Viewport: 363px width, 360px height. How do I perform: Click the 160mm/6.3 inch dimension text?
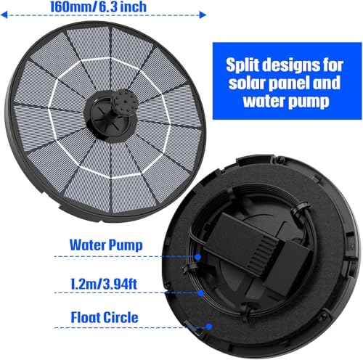[x=98, y=7]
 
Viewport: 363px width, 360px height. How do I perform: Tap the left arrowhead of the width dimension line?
[x=4, y=15]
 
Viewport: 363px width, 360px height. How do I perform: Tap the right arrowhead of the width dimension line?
[x=203, y=15]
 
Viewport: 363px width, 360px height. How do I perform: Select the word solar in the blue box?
[x=246, y=83]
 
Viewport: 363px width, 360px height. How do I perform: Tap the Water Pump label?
[x=106, y=245]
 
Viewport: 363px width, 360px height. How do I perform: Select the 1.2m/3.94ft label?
[x=104, y=284]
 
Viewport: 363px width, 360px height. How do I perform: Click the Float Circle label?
[x=105, y=317]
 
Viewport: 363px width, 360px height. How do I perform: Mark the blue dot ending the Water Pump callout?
[x=198, y=257]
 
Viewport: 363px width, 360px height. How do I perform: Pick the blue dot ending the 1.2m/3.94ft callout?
[x=200, y=293]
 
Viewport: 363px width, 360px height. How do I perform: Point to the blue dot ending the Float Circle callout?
[x=209, y=327]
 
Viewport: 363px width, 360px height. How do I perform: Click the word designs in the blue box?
[x=291, y=65]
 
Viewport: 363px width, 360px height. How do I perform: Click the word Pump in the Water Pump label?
[x=126, y=245]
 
